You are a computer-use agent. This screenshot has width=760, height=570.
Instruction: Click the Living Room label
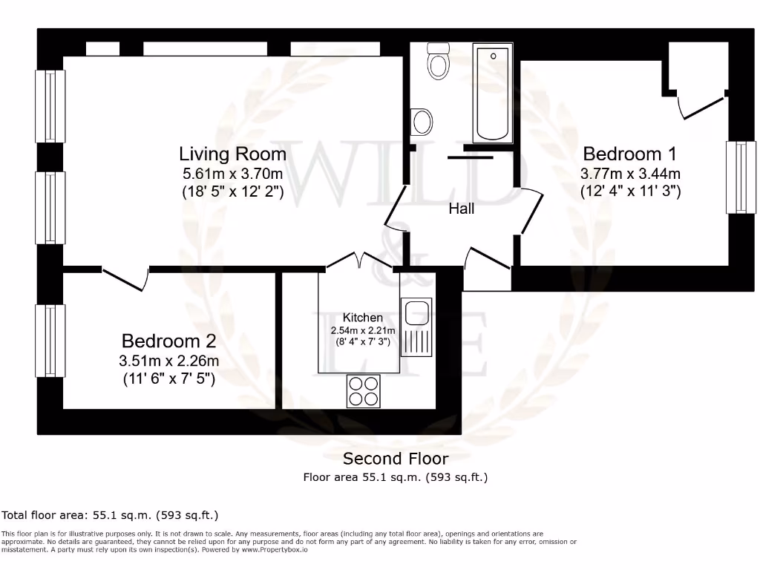pos(232,154)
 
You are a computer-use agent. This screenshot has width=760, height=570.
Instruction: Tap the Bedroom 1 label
pos(629,154)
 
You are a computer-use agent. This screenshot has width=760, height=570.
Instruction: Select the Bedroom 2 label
pos(168,341)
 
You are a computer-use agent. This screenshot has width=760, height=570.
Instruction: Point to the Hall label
pos(461,209)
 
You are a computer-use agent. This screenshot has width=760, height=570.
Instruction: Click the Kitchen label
pos(362,318)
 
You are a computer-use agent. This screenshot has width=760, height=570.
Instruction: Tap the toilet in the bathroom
pos(438,61)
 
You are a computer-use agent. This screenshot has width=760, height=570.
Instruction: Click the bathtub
pos(493,93)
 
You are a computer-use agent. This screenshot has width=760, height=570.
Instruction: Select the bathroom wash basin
pos(422,122)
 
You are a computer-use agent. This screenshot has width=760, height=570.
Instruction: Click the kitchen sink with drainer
pos(416,327)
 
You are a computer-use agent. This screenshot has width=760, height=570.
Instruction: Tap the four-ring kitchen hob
pos(364,391)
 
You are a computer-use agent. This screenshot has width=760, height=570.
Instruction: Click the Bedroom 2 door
pos(125,279)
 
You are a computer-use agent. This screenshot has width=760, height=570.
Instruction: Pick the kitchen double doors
pos(359,260)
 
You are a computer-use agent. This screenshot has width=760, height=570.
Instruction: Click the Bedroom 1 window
pos(741,177)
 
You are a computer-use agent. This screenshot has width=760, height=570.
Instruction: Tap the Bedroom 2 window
pos(50,340)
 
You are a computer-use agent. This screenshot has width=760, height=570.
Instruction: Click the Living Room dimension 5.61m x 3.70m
pos(232,173)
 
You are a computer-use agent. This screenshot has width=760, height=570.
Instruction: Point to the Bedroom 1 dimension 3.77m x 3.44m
pos(630,173)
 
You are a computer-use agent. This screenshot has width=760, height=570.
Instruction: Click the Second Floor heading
pos(396,459)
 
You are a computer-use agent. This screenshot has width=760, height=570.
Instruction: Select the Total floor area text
pos(110,515)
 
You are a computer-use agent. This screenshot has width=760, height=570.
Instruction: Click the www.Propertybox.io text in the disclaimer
pos(275,550)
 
